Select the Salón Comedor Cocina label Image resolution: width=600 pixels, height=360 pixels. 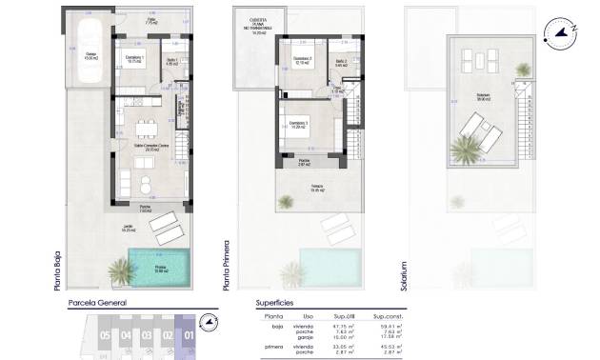(150, 146)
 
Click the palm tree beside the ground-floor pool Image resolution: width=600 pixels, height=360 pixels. (121, 272)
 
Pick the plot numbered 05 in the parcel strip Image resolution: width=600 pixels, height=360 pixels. (104, 335)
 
